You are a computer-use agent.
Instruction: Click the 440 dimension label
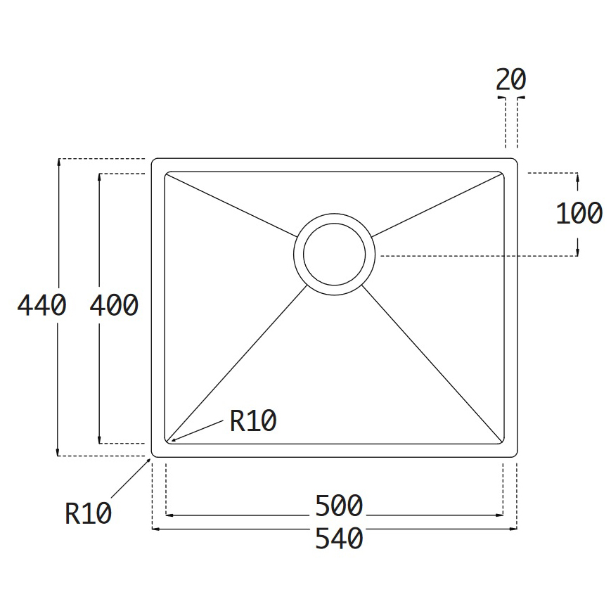[41, 304]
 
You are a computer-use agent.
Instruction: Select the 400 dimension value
[114, 304]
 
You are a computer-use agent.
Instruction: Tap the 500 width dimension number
[339, 506]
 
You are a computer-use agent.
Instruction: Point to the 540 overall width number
[339, 538]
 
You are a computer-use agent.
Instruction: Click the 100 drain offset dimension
[579, 213]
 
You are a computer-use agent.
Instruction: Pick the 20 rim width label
[511, 79]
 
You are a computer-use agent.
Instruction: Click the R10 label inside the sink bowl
[253, 421]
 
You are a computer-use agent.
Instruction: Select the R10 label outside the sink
[89, 513]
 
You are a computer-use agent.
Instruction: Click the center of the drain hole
[335, 255]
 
